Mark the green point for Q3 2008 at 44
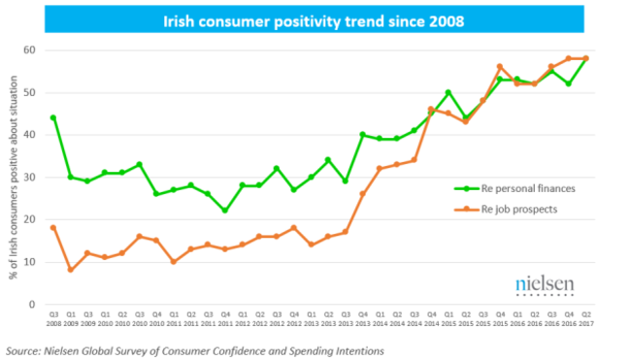[x=53, y=117]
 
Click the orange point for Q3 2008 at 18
[x=53, y=228]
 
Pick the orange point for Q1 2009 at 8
[x=71, y=271]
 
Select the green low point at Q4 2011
[x=224, y=211]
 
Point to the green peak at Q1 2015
[x=448, y=92]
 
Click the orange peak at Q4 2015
[x=500, y=67]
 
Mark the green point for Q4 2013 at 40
[x=363, y=135]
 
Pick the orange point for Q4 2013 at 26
[x=363, y=194]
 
